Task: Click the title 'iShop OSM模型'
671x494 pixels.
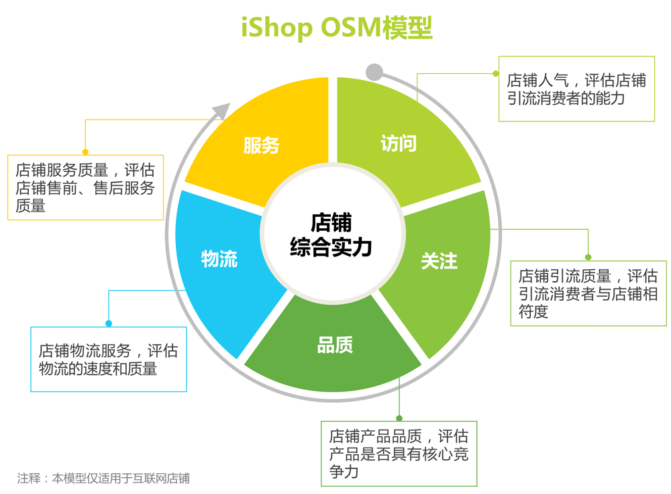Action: pyautogui.click(x=336, y=28)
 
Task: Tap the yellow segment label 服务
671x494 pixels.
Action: pyautogui.click(x=261, y=145)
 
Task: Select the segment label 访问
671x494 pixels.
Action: pyautogui.click(x=399, y=143)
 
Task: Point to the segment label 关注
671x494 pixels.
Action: pyautogui.click(x=440, y=260)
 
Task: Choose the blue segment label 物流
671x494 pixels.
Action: pyautogui.click(x=219, y=259)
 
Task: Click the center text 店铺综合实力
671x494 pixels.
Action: pyautogui.click(x=331, y=235)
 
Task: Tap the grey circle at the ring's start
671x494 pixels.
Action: pyautogui.click(x=374, y=72)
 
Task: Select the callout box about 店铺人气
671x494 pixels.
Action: pyautogui.click(x=576, y=89)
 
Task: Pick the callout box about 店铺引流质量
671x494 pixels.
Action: pyautogui.click(x=588, y=293)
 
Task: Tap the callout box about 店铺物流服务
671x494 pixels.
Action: pyautogui.click(x=109, y=359)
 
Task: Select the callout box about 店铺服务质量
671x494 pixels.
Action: pyautogui.click(x=85, y=188)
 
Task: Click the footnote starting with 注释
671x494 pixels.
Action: pyautogui.click(x=104, y=479)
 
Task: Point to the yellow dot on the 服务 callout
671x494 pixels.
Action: pyautogui.click(x=85, y=152)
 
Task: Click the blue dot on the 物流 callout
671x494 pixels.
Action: pyautogui.click(x=109, y=324)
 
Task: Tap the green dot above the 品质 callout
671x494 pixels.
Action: pyautogui.click(x=399, y=418)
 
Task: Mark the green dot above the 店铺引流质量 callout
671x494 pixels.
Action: pyautogui.click(x=588, y=257)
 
